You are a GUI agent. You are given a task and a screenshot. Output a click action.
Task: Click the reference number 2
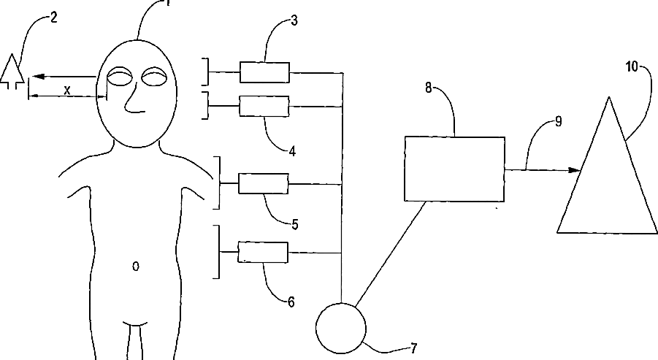click(x=53, y=18)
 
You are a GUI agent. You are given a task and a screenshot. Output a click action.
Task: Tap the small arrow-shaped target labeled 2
click(x=9, y=72)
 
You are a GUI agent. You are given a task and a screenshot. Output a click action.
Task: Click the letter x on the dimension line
click(x=67, y=90)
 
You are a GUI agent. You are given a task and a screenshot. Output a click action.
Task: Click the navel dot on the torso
click(x=135, y=267)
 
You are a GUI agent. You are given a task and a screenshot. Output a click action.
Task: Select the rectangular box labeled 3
click(x=264, y=72)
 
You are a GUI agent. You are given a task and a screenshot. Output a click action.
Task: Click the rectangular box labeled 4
click(x=264, y=107)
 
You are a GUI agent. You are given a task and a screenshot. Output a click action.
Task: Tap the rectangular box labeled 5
click(x=264, y=183)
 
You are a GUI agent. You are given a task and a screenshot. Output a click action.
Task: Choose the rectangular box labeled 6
click(x=264, y=253)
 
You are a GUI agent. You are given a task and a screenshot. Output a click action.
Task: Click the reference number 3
click(x=294, y=20)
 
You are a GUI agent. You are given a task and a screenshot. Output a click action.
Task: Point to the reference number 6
click(x=291, y=302)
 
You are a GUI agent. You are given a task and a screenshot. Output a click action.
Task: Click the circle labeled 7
click(x=340, y=326)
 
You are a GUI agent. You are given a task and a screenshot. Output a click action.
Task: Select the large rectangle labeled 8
click(x=454, y=168)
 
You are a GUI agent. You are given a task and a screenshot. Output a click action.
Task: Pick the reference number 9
click(x=558, y=121)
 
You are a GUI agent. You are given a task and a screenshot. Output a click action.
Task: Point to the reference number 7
click(x=415, y=348)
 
